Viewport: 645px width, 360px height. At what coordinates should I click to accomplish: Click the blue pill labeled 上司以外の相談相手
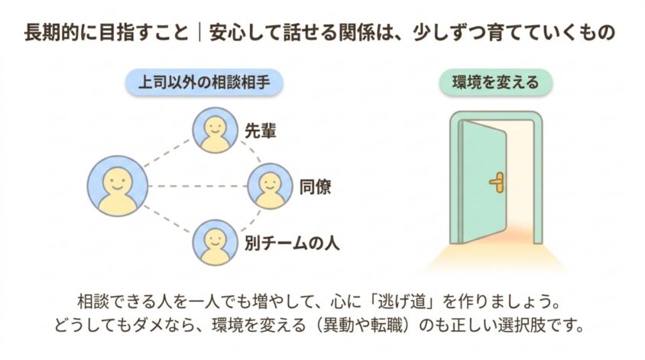205,83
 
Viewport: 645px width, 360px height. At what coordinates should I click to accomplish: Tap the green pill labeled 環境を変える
496,83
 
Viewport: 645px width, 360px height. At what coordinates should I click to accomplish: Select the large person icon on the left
118,186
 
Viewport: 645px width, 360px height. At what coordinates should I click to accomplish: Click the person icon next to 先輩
216,131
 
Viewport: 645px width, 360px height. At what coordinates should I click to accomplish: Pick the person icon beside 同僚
270,186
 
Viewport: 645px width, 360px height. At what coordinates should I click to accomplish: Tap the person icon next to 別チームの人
216,242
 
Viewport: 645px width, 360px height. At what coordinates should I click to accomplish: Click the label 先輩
261,131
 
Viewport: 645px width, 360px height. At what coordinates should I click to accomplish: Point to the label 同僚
315,186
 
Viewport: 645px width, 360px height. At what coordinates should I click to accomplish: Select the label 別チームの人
292,243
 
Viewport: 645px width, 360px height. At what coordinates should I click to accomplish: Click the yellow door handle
498,182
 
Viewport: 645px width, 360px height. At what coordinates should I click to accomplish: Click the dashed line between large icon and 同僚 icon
198,186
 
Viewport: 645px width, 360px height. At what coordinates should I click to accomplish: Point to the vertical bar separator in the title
199,33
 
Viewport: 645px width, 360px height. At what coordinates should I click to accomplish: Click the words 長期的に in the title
62,33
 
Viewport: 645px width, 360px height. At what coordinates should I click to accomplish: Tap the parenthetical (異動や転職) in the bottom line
362,326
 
